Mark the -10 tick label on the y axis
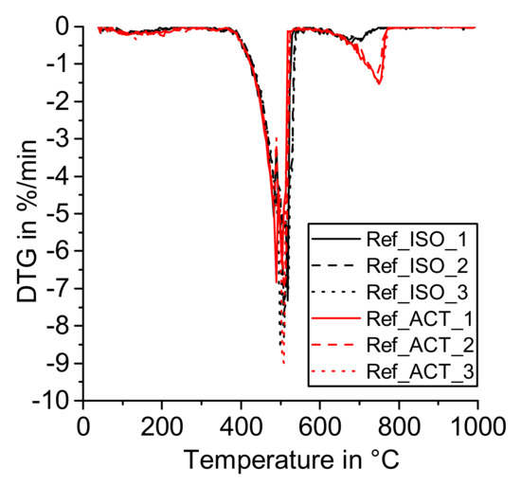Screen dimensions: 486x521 [x=53, y=402]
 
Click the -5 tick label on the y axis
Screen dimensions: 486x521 [x=59, y=214]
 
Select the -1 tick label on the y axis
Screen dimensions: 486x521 [x=59, y=64]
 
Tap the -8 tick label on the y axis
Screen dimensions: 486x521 [x=59, y=327]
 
